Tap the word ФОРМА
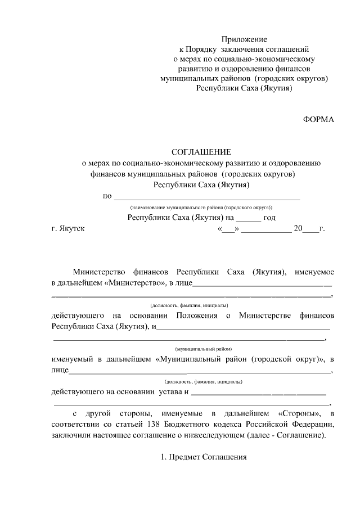tap(318, 119)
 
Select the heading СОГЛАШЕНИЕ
tap(201, 152)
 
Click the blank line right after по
tap(206, 197)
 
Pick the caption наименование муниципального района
tap(201, 207)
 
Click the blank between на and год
tap(248, 218)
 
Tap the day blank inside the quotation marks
tap(228, 229)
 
